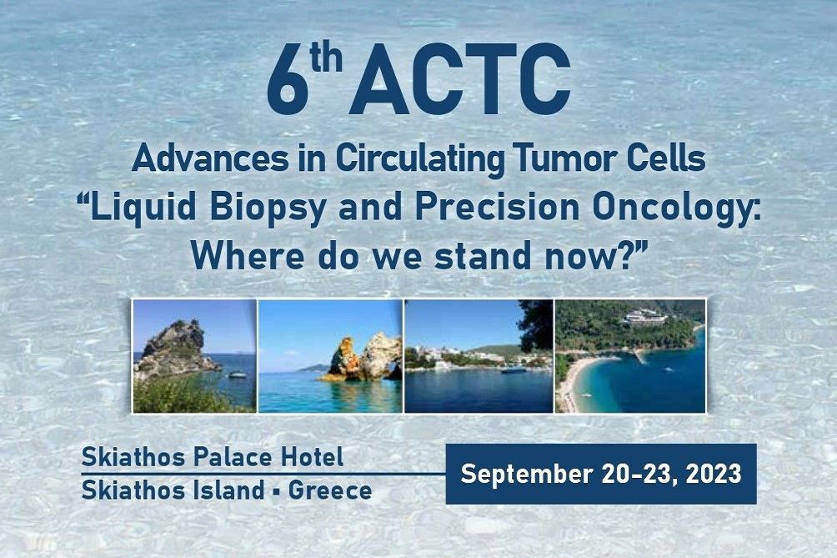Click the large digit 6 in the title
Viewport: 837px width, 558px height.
[x=288, y=79]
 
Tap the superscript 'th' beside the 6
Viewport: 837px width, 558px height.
[x=326, y=58]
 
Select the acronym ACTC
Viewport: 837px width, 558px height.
[x=459, y=79]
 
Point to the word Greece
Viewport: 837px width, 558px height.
[x=330, y=490]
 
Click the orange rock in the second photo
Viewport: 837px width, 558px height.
[x=341, y=359]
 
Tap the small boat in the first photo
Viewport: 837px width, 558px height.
[x=238, y=375]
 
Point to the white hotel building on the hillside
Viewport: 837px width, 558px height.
[x=645, y=318]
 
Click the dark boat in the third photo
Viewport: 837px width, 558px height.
[x=514, y=369]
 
